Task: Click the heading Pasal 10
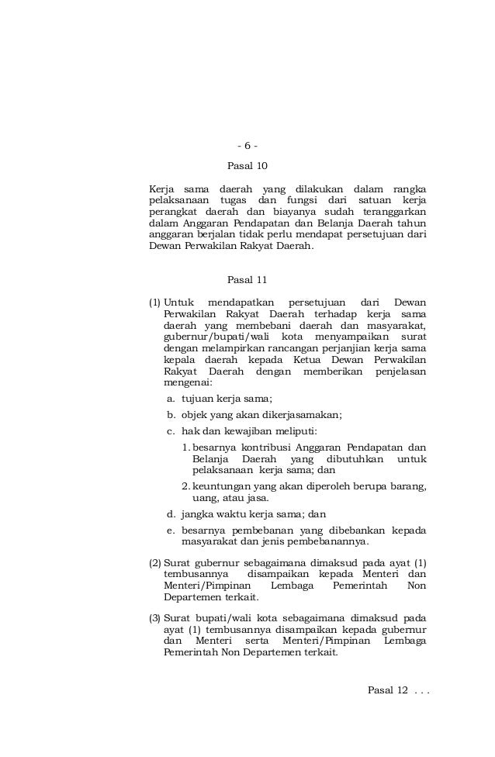coord(247,166)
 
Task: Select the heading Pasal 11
coord(247,280)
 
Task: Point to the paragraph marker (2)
coord(154,562)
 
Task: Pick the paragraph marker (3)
coord(154,618)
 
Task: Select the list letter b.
coord(171,415)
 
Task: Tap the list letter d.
coord(171,513)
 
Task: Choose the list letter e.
coord(171,531)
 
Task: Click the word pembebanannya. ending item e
coord(326,542)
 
